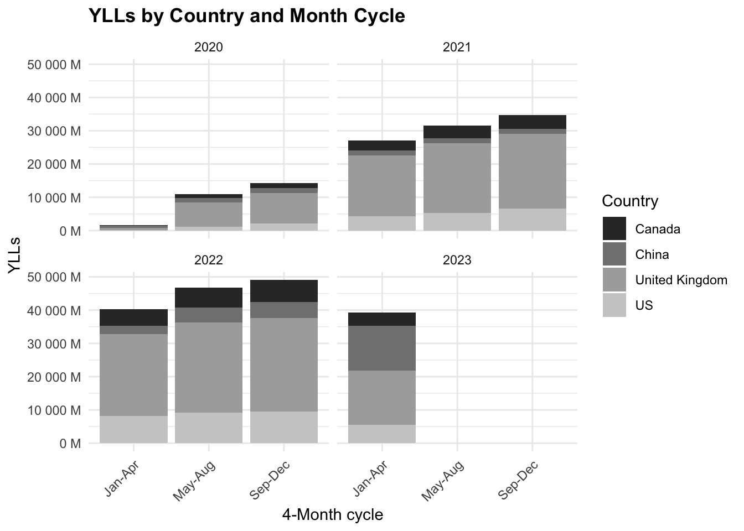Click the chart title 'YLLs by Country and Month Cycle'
click(246, 16)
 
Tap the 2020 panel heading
click(209, 47)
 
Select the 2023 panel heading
click(457, 259)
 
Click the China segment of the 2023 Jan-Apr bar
click(382, 348)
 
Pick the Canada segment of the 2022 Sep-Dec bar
click(284, 291)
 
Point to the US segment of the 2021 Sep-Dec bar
click(532, 220)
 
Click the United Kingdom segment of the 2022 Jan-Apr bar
click(133, 374)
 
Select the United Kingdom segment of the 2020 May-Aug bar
click(209, 215)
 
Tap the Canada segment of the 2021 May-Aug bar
click(457, 132)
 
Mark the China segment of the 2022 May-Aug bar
click(209, 315)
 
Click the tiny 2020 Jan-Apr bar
click(133, 227)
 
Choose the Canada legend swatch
click(614, 229)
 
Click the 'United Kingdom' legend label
click(681, 280)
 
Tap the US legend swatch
click(614, 305)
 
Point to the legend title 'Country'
click(630, 201)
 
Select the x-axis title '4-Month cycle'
click(332, 514)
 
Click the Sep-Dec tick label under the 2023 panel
click(518, 480)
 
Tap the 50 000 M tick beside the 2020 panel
click(54, 65)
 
